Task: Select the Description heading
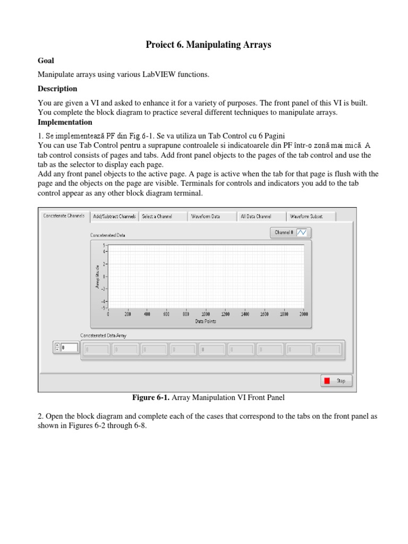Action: (x=57, y=89)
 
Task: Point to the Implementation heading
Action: (x=65, y=122)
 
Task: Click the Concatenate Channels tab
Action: (x=63, y=216)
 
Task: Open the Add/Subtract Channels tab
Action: (x=114, y=216)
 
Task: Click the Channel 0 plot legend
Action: (x=292, y=232)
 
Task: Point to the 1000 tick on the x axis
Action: (x=206, y=314)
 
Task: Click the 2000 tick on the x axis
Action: (x=303, y=314)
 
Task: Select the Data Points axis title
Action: (x=206, y=321)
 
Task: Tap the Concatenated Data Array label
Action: (x=103, y=335)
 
